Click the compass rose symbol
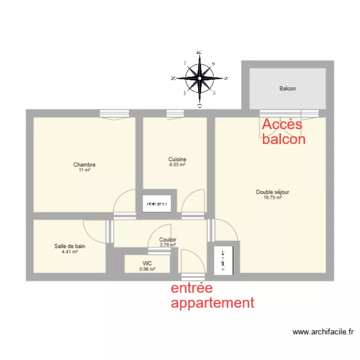199,78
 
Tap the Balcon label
288,88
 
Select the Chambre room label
84,165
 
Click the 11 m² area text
84,170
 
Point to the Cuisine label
177,159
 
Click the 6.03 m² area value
177,164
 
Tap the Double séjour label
273,192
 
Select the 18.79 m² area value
273,197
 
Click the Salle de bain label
70,246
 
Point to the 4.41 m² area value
70,251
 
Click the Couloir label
168,240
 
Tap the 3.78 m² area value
168,244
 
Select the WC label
147,263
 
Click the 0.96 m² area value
147,269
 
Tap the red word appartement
212,303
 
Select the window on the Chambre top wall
114,113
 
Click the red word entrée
192,288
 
